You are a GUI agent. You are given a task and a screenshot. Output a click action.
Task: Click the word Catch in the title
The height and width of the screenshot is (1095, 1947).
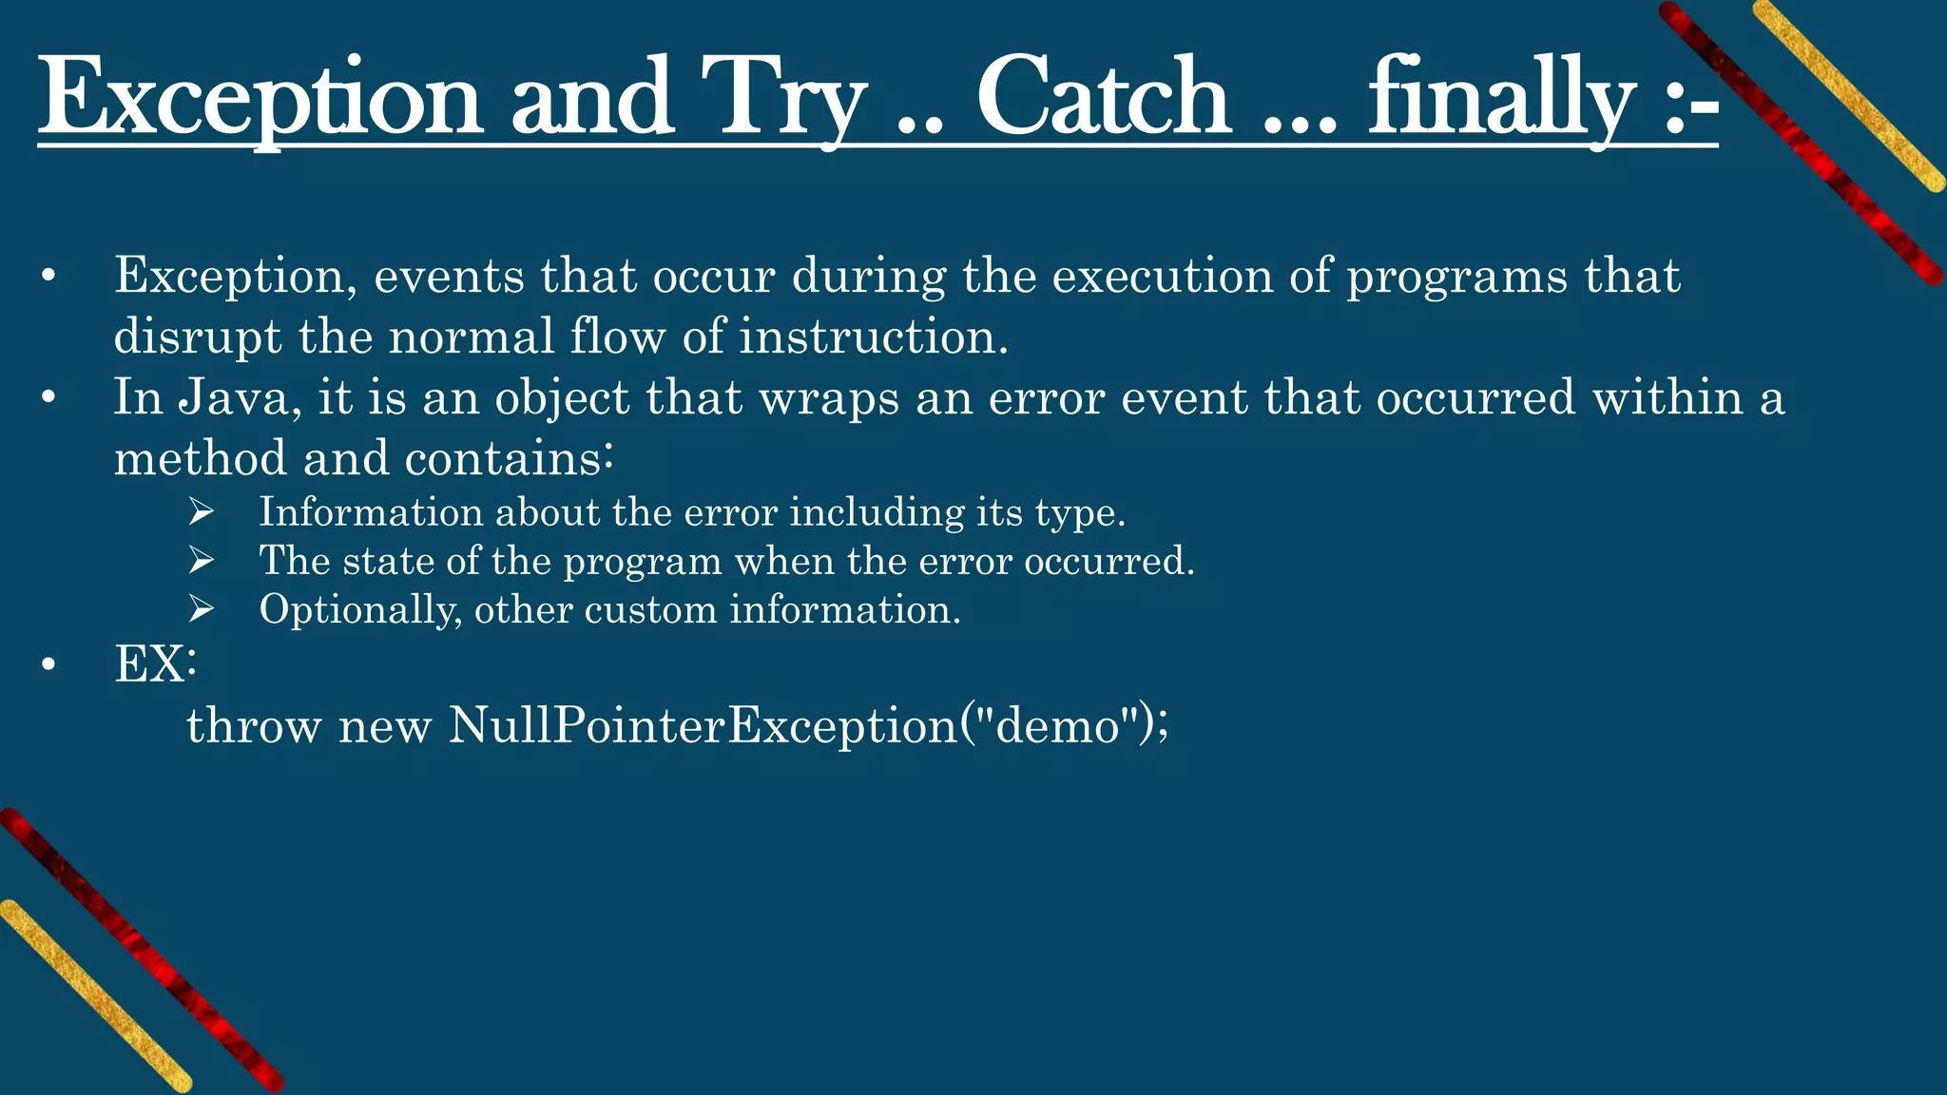pyautogui.click(x=1103, y=98)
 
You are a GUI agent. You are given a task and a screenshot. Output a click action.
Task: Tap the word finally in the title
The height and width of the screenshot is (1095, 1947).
pyautogui.click(x=1502, y=98)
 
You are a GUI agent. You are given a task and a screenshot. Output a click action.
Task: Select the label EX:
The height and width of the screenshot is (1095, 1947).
pyautogui.click(x=155, y=663)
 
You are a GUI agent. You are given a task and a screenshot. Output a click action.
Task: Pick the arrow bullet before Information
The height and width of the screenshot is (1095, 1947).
pyautogui.click(x=201, y=512)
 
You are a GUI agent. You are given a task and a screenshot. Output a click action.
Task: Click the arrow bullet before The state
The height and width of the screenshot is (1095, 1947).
pyautogui.click(x=201, y=561)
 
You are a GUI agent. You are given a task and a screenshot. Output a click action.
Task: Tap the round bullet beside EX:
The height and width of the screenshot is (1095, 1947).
pyautogui.click(x=49, y=665)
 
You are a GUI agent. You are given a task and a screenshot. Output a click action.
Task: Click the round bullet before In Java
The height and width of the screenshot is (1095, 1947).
pyautogui.click(x=49, y=398)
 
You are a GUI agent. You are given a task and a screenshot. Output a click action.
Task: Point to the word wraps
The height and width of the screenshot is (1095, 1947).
pyautogui.click(x=828, y=397)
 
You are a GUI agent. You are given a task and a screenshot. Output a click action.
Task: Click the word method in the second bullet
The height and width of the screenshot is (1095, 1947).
pyautogui.click(x=200, y=459)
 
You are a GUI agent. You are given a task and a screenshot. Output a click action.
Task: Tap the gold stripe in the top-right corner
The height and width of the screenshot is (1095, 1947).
pyautogui.click(x=1849, y=95)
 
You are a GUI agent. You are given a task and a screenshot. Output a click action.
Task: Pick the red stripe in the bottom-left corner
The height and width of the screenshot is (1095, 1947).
pyautogui.click(x=143, y=951)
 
